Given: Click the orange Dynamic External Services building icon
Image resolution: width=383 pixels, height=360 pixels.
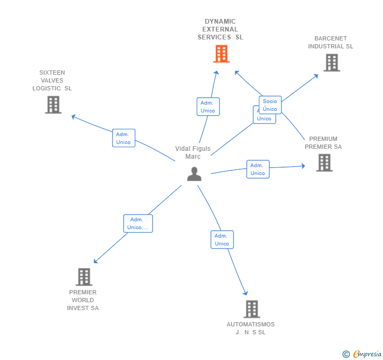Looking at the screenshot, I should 221,54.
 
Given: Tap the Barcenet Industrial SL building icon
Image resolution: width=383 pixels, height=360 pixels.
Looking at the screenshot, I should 331,63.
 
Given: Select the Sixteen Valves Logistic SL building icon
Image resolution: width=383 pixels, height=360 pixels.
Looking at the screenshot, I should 53,105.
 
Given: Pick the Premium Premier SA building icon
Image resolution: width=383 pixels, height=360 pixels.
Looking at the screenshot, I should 325,162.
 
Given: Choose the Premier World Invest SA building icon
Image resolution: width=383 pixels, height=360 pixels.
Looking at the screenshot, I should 84,276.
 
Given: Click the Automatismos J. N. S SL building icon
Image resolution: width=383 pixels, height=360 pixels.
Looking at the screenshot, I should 251,309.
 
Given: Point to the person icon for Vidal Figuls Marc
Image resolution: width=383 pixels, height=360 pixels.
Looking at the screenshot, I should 194,174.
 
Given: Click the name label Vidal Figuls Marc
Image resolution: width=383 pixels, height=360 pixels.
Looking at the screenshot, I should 193,152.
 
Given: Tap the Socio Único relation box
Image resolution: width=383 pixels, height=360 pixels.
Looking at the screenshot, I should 270,105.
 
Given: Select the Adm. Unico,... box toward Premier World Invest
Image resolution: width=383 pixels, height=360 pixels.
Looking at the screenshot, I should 138,223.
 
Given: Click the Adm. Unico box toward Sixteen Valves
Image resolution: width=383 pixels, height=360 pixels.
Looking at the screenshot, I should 124,138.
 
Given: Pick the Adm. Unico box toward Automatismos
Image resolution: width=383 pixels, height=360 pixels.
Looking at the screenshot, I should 222,240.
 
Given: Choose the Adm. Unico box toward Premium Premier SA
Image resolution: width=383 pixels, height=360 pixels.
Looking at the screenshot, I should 258,169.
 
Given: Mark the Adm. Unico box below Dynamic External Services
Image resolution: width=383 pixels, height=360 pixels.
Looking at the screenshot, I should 208,107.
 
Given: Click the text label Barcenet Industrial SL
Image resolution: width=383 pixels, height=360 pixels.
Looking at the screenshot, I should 330,43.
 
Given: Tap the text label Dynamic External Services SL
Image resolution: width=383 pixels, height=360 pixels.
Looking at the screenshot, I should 220,29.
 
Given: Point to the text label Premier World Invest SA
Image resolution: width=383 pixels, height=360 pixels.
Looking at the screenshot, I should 83,300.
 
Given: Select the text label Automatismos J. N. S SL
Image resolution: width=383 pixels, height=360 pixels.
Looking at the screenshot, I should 250,328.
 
